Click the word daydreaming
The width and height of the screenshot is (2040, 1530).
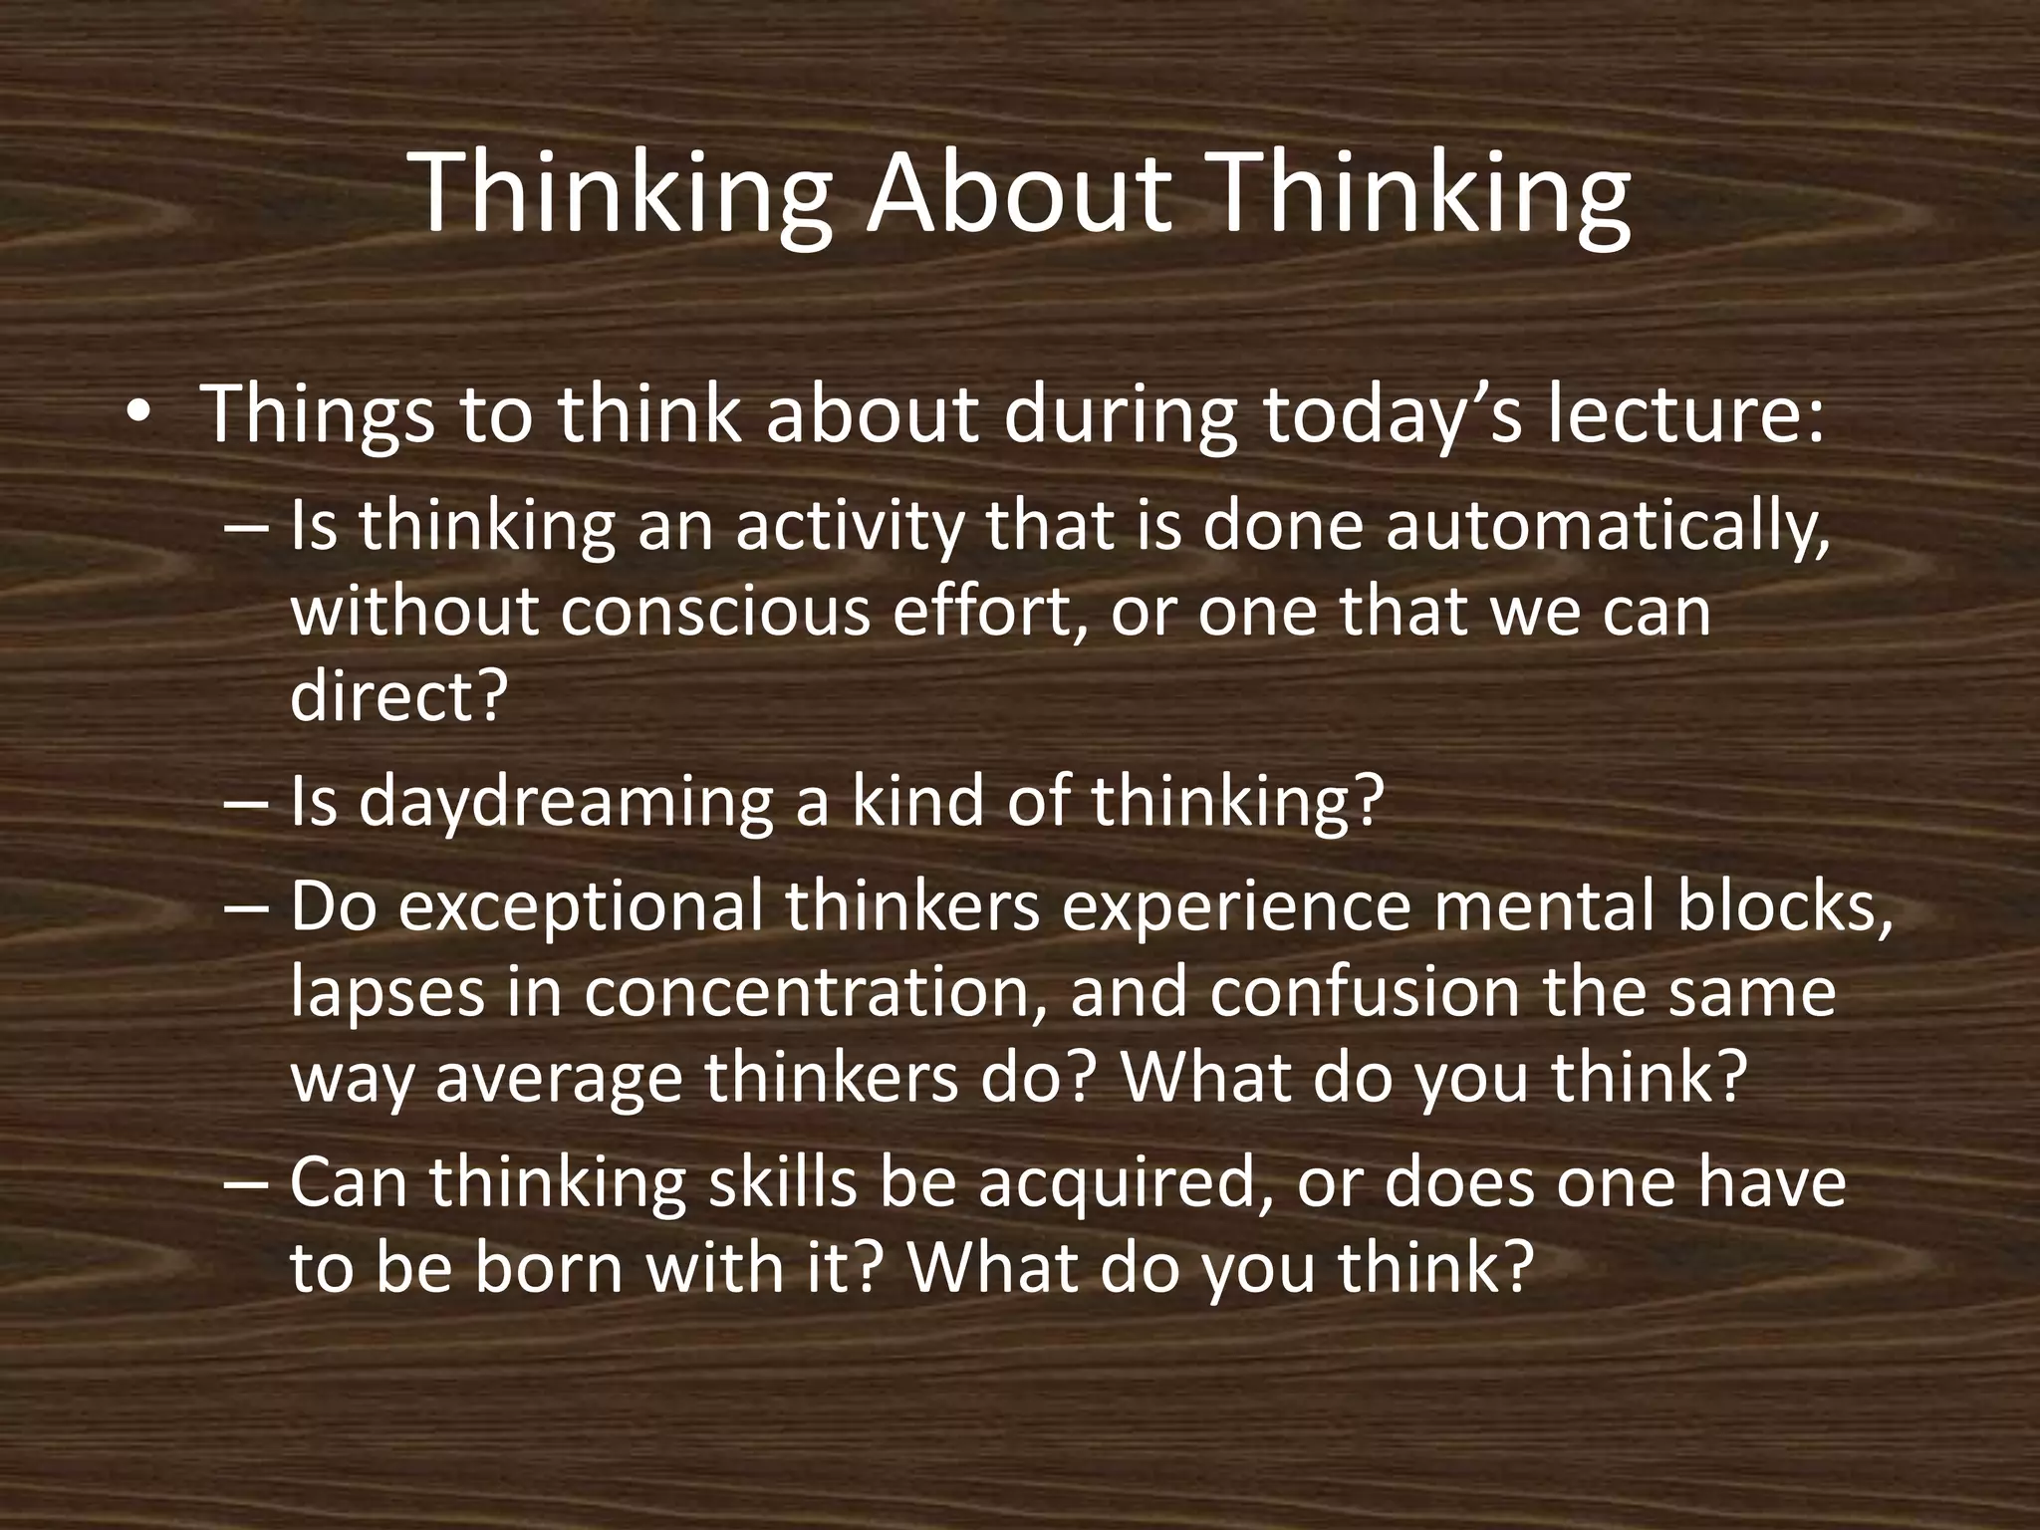point(565,803)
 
